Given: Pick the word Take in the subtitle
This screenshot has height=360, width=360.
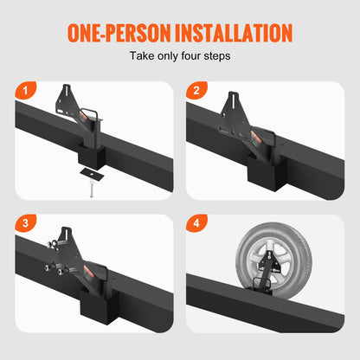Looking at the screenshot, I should (x=142, y=57).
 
